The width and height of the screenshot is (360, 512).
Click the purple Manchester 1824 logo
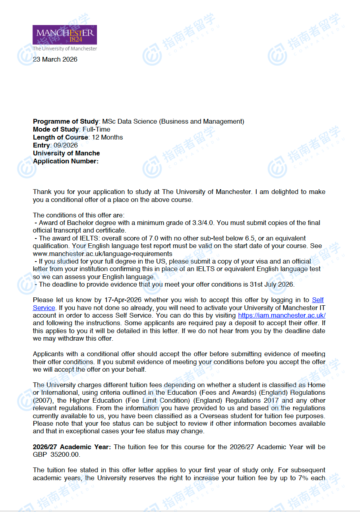point(65,35)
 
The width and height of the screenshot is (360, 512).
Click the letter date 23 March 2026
point(55,60)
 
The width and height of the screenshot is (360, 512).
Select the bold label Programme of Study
point(66,122)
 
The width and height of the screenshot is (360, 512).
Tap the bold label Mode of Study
point(56,130)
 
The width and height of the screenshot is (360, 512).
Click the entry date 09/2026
point(66,145)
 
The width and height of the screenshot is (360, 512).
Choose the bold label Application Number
point(65,161)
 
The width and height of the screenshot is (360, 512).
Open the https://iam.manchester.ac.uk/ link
point(282,316)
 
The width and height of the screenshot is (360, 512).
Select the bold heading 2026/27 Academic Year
point(72,447)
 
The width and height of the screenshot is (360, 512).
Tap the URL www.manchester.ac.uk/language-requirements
point(103,254)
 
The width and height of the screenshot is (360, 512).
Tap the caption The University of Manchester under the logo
point(65,49)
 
